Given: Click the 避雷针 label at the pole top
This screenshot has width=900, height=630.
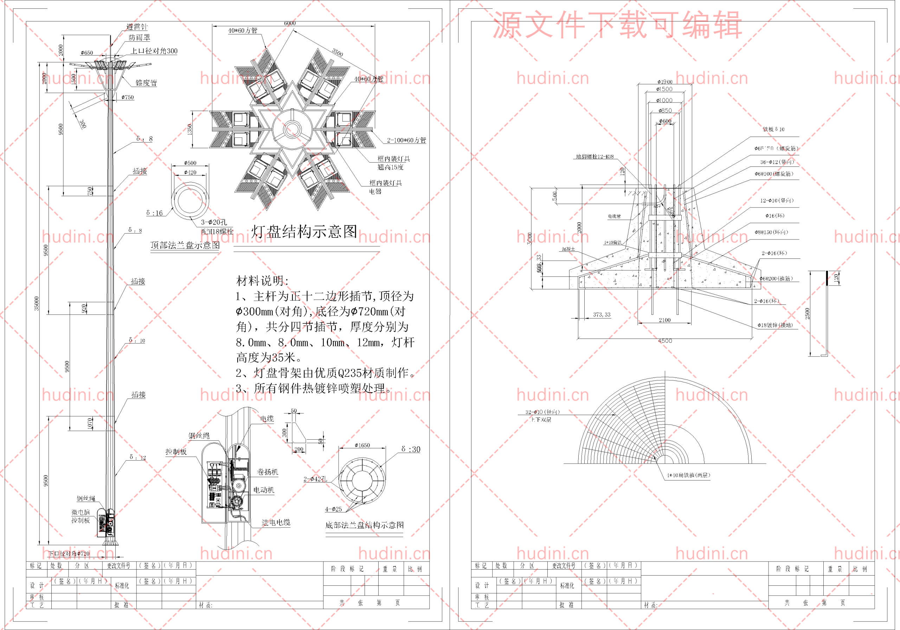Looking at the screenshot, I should tap(137, 27).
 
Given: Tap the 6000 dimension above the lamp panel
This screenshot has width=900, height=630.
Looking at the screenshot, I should tap(290, 23).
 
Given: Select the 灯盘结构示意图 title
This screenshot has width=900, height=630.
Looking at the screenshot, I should tap(304, 231).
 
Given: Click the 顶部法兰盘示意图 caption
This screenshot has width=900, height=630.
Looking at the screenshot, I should tap(185, 245).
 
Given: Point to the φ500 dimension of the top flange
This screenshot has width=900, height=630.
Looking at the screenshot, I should tap(190, 163).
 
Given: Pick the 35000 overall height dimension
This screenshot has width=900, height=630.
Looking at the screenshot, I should tap(37, 303).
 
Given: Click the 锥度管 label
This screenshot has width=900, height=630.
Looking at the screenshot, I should tap(146, 83).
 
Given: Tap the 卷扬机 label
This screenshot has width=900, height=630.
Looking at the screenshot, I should tap(267, 472).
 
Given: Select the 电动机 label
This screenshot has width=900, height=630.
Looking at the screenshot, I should tap(264, 490).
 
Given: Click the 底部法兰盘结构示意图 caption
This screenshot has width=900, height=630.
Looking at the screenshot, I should tap(365, 525).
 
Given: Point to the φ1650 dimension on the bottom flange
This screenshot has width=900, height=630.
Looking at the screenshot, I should tap(362, 445).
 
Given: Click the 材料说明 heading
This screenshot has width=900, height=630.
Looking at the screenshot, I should tap(262, 281).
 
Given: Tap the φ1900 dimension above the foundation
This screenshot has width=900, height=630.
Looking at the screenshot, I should tap(665, 82).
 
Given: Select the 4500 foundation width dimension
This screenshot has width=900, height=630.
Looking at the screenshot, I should tap(665, 341).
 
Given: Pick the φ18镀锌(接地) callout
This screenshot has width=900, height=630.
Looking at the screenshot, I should tap(774, 325).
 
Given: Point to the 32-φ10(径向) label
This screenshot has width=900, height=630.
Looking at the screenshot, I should tap(542, 412).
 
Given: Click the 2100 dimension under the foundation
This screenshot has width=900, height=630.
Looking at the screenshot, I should tap(664, 320).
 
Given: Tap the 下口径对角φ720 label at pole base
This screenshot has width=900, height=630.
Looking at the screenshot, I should tap(69, 554).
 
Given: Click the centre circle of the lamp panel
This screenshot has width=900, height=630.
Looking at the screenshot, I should tap(292, 129).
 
